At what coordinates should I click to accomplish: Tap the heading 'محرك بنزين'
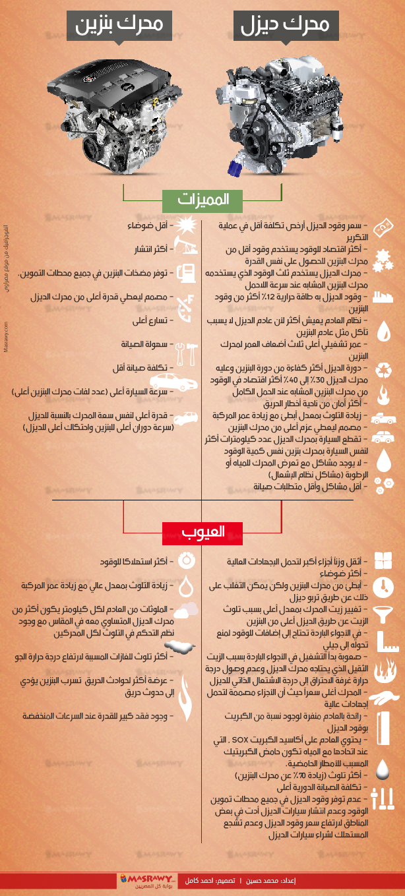pos(118,26)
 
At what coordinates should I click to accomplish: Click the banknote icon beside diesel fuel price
pos(383,228)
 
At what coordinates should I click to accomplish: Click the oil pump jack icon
pos(186,249)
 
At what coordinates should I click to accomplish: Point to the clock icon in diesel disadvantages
pos(383,586)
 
